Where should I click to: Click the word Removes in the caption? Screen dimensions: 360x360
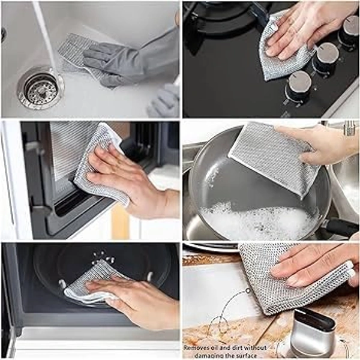(197, 348)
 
